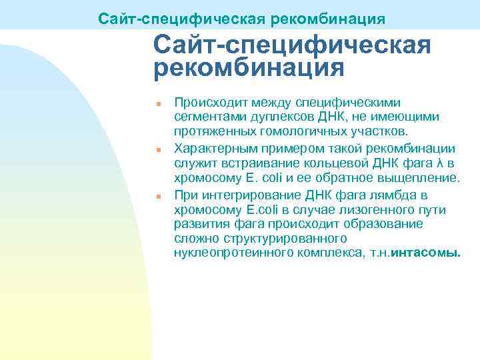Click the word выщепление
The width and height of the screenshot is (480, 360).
click(423, 179)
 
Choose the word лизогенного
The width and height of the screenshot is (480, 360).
click(371, 210)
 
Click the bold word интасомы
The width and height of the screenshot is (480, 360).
click(427, 254)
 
